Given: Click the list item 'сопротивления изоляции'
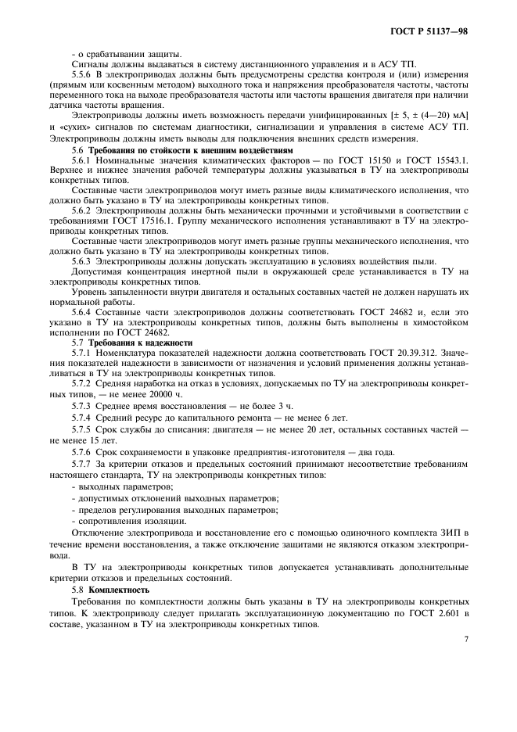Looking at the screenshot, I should [x=120, y=521].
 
